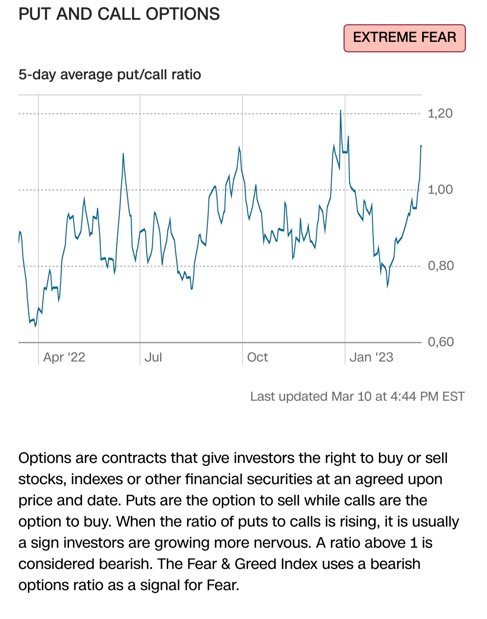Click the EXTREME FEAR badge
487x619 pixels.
coord(404,38)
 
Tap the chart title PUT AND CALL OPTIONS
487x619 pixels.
coord(119,14)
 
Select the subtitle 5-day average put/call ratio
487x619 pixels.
coord(110,74)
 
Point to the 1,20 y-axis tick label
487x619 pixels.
coord(440,113)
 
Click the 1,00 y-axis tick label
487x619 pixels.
coord(440,189)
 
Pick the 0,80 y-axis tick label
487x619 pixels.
coord(441,266)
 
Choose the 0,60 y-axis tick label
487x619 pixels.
coord(441,342)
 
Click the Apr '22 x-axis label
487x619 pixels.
coord(64,357)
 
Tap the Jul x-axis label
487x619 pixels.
coord(153,357)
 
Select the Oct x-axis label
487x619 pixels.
coord(257,357)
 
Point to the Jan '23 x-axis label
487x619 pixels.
coord(371,357)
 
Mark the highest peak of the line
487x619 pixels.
coord(340,110)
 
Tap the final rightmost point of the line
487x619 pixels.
coord(421,146)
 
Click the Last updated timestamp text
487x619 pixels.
coord(357,396)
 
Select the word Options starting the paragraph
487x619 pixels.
coord(45,458)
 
